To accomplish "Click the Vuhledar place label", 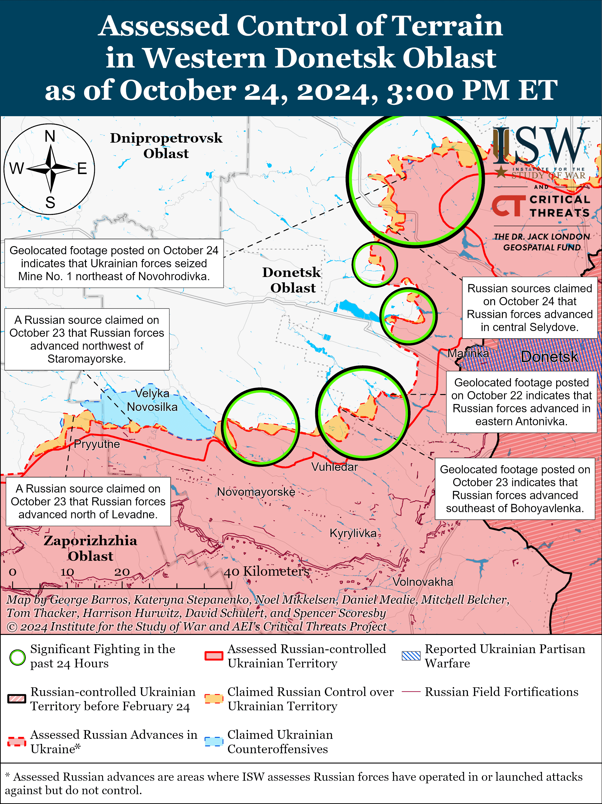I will [334, 467].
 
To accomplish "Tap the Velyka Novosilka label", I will [152, 400].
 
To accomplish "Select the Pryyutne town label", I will [97, 444].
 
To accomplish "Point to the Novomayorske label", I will [256, 492].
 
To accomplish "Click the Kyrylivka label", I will [353, 533].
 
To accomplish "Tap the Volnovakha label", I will [423, 582].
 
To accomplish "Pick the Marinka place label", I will [468, 353].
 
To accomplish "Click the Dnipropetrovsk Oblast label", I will [166, 145].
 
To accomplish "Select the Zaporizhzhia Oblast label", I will [90, 548].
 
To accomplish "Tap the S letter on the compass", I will [50, 202].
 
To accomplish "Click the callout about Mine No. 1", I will [114, 263].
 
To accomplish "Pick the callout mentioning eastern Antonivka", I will [521, 402].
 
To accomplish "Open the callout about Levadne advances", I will [88, 501].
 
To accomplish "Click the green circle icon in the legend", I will [17, 657].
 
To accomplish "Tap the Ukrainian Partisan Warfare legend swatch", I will [411, 656].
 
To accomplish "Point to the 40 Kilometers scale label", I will [266, 571].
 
